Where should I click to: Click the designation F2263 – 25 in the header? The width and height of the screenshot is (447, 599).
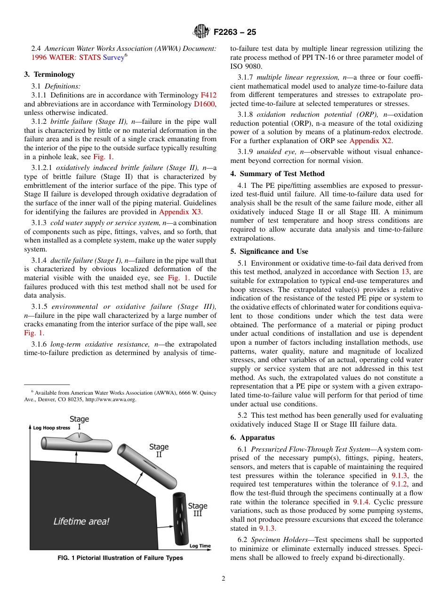tap(235, 32)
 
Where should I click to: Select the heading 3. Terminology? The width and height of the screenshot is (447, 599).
tap(49, 74)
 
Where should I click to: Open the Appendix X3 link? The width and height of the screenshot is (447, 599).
tap(180, 212)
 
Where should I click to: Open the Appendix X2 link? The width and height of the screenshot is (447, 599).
tap(370, 140)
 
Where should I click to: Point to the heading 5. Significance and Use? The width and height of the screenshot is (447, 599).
tap(269, 251)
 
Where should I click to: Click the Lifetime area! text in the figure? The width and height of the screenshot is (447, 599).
tap(81, 521)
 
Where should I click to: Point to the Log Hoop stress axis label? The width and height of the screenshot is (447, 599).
tap(52, 428)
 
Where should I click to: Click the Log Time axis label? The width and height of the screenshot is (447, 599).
tap(200, 546)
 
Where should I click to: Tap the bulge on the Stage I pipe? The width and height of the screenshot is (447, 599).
tap(79, 438)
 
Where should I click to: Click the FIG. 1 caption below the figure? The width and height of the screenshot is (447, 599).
tap(120, 558)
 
